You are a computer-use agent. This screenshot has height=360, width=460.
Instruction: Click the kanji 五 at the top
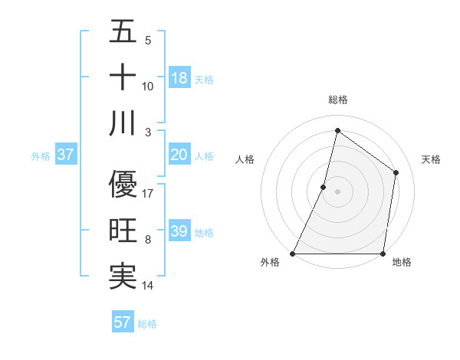coord(123,32)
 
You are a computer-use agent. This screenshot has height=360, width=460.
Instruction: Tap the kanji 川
coord(123,124)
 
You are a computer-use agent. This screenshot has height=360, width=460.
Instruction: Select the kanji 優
coord(123,184)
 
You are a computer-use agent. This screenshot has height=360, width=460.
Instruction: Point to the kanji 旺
coord(123,231)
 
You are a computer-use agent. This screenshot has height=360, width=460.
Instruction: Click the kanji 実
coord(123,277)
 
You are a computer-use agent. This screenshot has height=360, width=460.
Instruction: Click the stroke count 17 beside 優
coord(148,193)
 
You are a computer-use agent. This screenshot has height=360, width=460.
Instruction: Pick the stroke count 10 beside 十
coord(148,86)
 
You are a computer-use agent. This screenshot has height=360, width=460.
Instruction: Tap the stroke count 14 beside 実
coord(148,286)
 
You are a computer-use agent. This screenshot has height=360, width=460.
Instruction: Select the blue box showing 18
coord(179,78)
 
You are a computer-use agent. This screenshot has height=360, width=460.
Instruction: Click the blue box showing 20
coord(179,155)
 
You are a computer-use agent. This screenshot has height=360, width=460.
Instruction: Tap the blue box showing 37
coord(65,155)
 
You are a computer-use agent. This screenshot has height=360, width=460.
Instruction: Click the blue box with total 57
coord(122,322)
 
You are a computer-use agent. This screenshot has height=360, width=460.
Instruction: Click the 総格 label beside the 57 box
coord(147,324)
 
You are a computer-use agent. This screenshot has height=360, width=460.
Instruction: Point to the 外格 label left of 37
coord(41,156)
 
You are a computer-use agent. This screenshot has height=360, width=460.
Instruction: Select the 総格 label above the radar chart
coord(337,100)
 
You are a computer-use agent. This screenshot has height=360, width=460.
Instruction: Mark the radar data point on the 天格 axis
coord(396,172)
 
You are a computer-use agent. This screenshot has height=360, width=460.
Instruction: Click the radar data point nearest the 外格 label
coord(293,254)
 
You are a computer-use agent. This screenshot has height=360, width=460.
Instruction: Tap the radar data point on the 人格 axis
coord(324,187)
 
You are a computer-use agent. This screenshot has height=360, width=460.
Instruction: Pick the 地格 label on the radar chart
coord(402,263)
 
